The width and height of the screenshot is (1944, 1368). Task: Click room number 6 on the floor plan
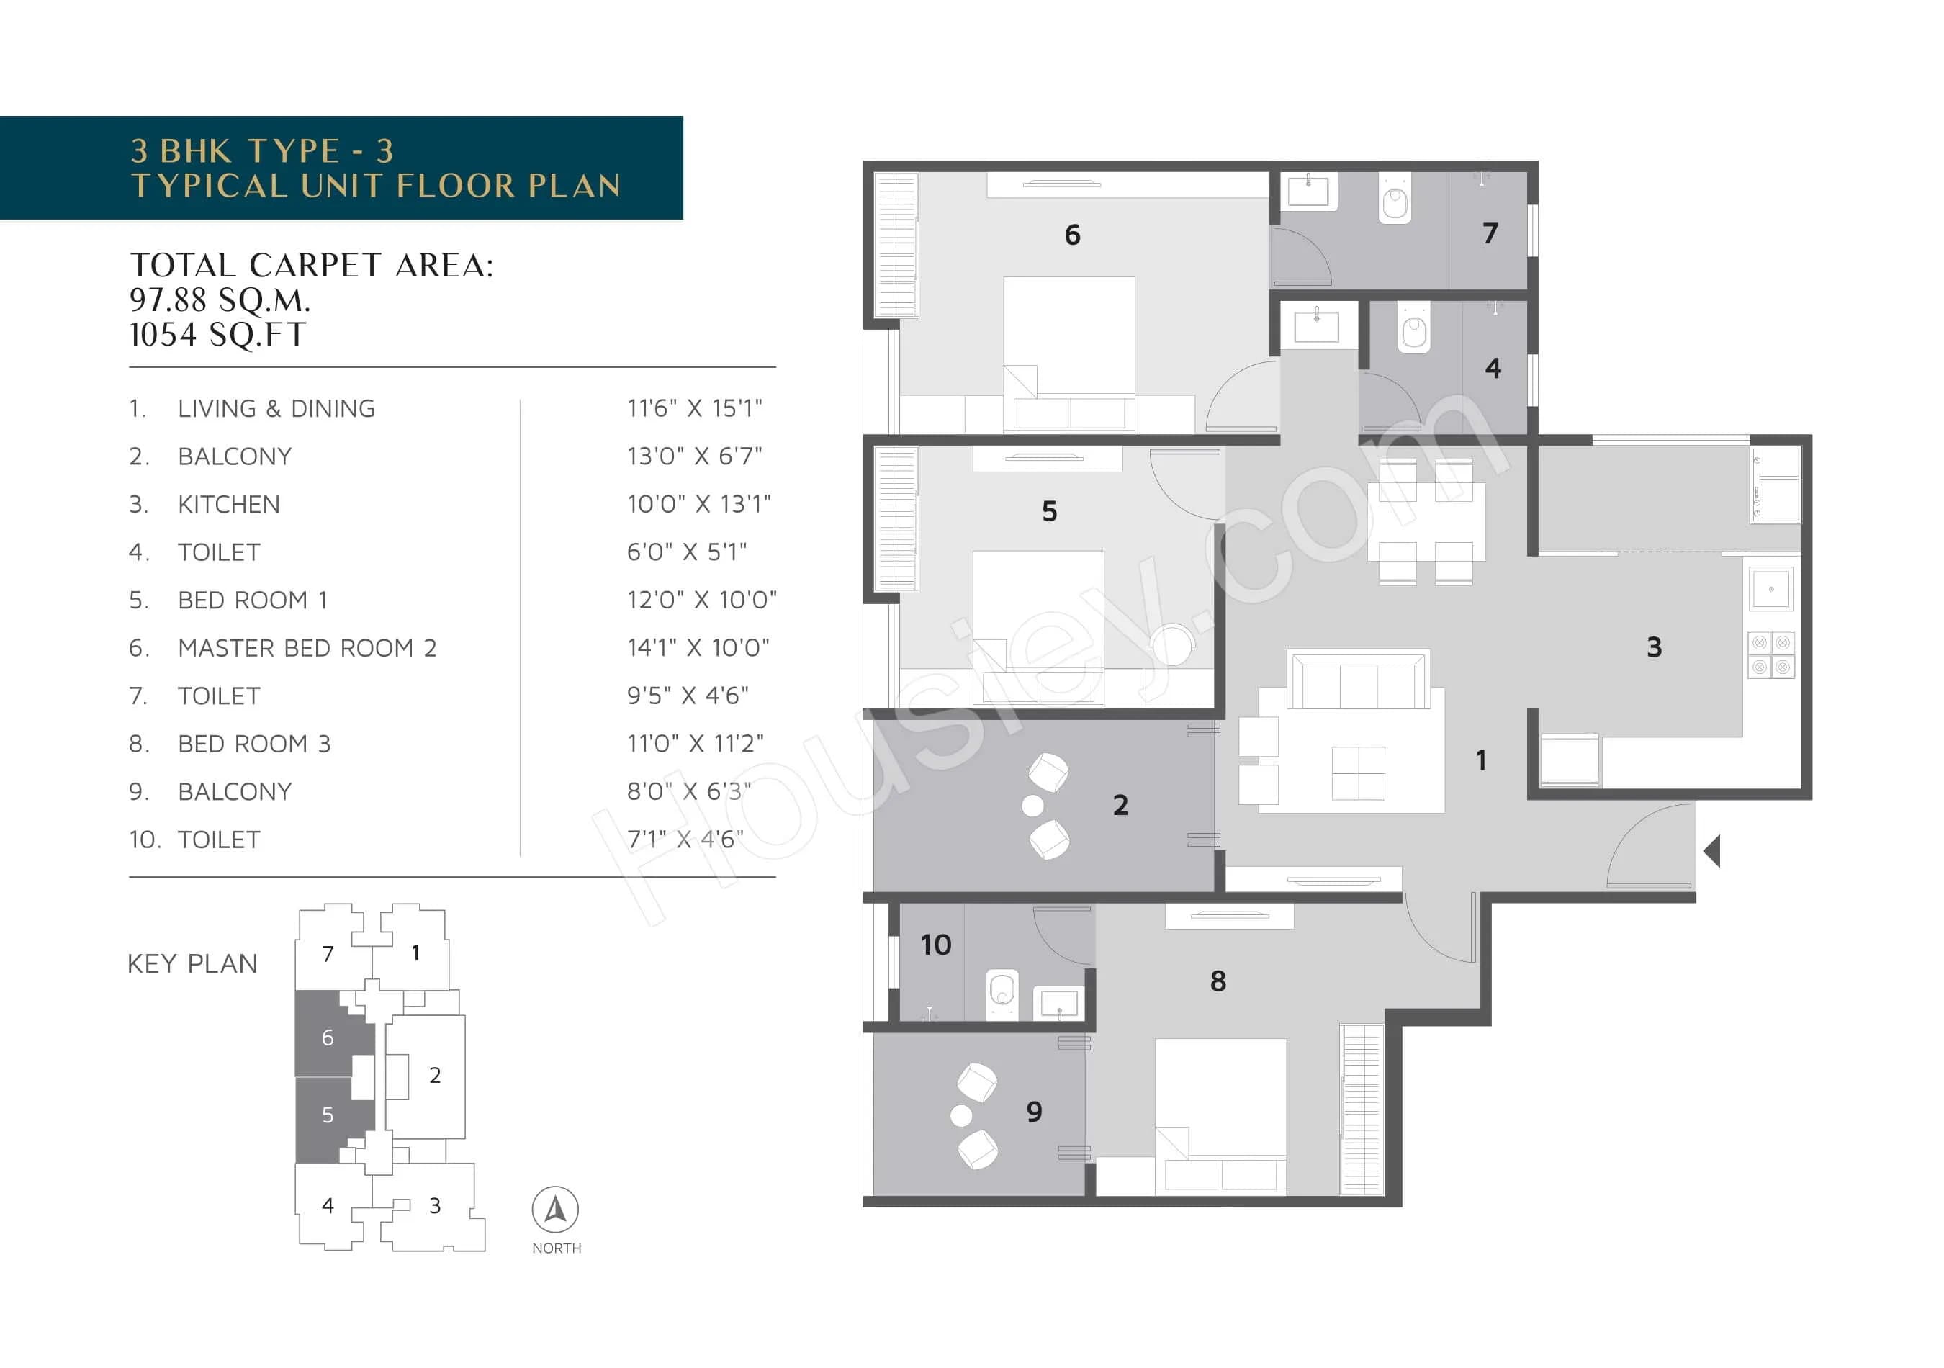coord(1072,235)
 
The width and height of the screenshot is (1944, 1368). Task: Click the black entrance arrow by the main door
coord(1712,851)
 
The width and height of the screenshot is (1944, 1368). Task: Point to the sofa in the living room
coord(1358,680)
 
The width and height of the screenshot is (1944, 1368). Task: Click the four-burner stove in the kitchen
coord(1770,655)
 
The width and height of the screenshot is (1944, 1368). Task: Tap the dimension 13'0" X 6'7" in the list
coord(694,456)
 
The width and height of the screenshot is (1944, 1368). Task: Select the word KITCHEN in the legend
coord(229,505)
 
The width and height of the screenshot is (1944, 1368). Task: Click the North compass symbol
coord(555,1210)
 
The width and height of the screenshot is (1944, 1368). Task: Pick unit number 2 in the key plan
coord(434,1075)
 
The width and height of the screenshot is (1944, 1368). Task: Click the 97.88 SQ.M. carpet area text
coord(220,300)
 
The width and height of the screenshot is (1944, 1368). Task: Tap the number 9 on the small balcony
coord(1034,1112)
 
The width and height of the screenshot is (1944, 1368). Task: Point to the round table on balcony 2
coord(1032,805)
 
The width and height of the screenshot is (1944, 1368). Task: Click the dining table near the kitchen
coord(1426,521)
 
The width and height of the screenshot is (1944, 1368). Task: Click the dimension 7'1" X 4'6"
coord(685,839)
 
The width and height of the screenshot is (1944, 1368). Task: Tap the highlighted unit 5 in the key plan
coord(328,1115)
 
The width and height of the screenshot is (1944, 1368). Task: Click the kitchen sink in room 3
coord(1770,589)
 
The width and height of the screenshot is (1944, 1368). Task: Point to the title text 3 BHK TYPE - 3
coord(263,150)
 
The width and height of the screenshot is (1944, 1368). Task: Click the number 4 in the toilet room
coord(1493,368)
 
